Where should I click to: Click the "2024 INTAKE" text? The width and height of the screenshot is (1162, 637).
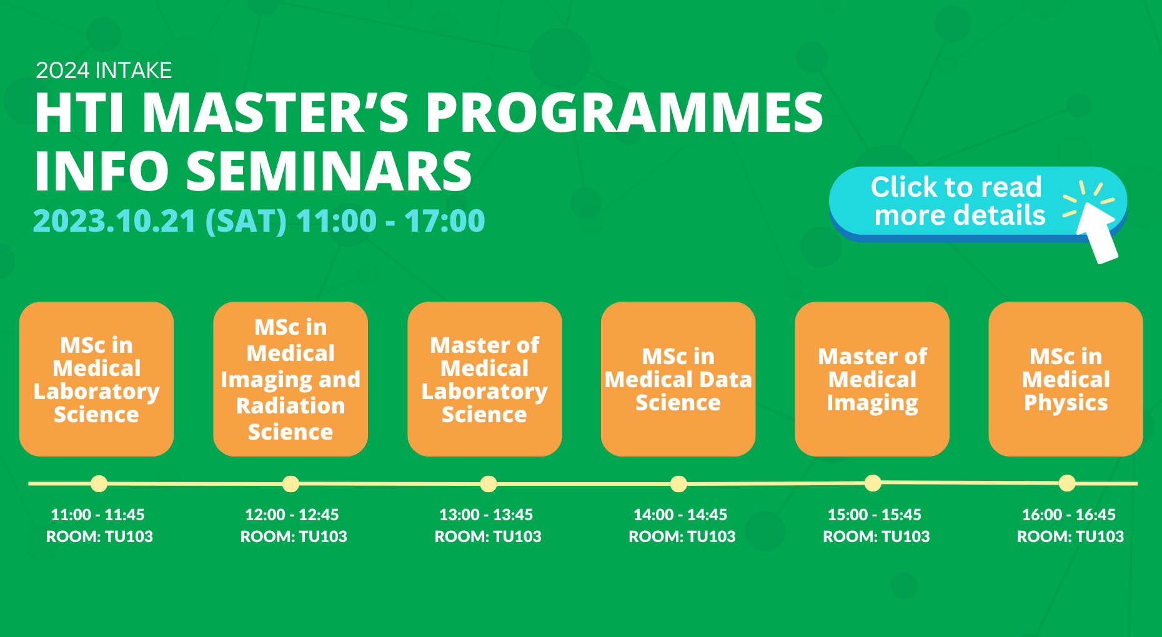[x=104, y=71]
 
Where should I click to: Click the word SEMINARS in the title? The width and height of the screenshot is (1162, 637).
[x=329, y=171]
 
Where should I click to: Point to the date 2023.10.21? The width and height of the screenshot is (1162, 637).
[x=114, y=221]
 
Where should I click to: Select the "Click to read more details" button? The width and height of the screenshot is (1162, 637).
[x=957, y=201]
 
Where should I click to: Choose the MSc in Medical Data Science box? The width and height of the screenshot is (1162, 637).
[x=678, y=379]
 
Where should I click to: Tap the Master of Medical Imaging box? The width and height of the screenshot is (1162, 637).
[x=872, y=379]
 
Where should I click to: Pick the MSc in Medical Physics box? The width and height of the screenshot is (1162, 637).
[x=1066, y=379]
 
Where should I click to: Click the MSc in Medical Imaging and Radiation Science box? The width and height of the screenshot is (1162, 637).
[x=290, y=379]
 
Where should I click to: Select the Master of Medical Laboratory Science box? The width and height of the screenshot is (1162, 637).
[x=484, y=379]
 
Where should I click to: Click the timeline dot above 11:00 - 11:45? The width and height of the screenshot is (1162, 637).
[x=99, y=483]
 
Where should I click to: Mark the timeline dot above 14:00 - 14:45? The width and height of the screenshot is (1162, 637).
[x=678, y=484]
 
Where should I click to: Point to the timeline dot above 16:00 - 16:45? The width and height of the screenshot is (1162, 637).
[x=1067, y=483]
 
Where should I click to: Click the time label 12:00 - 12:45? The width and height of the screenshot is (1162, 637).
[x=292, y=515]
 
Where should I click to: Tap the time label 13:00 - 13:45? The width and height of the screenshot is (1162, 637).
[x=486, y=515]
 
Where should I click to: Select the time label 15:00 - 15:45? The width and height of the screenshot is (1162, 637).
[x=874, y=515]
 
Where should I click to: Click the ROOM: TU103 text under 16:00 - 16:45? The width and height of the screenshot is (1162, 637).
[x=1070, y=536]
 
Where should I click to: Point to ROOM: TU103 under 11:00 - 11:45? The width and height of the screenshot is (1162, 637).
[x=99, y=536]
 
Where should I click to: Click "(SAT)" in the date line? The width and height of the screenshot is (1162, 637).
[x=246, y=221]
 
